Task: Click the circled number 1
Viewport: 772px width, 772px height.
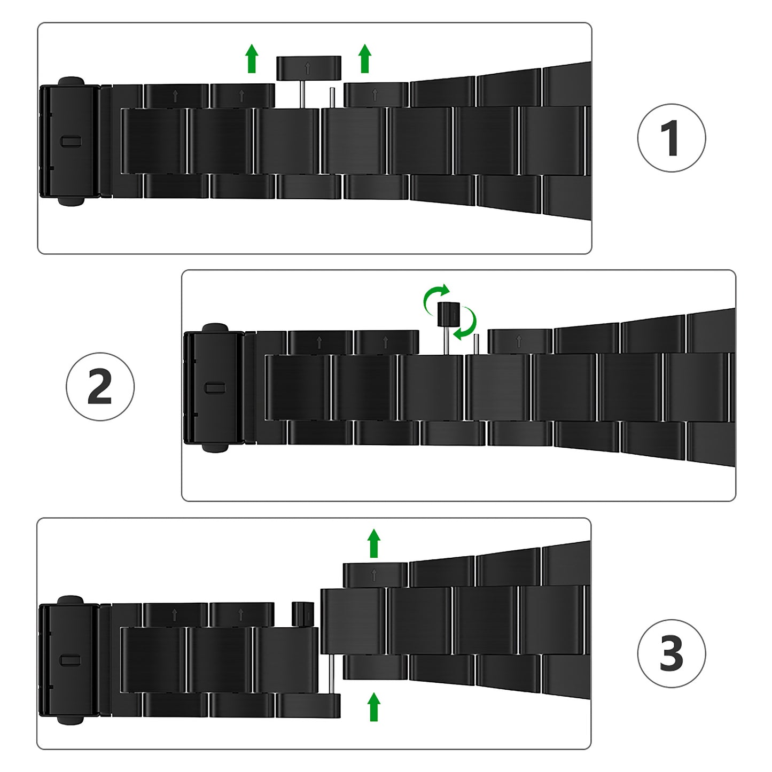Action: pos(671,138)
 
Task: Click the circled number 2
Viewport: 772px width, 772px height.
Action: pos(100,386)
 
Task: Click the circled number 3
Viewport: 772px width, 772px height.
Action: pos(671,653)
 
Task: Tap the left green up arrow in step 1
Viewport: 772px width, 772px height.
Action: pos(252,58)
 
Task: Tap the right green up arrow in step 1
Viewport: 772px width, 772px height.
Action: pos(365,58)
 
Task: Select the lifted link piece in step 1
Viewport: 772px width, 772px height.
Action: pos(308,68)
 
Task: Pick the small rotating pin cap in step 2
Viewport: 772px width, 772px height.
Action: pos(448,314)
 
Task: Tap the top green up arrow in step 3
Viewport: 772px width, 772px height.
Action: pos(374,543)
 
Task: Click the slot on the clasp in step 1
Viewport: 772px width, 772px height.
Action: pos(71,142)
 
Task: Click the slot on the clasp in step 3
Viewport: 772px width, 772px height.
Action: pos(71,660)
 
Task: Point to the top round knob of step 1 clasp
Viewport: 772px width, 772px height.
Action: pos(71,81)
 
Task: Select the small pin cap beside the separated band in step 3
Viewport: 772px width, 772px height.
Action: pos(302,614)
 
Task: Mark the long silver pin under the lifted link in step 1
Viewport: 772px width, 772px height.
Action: pos(303,94)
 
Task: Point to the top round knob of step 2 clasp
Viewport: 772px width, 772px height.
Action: pos(215,328)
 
